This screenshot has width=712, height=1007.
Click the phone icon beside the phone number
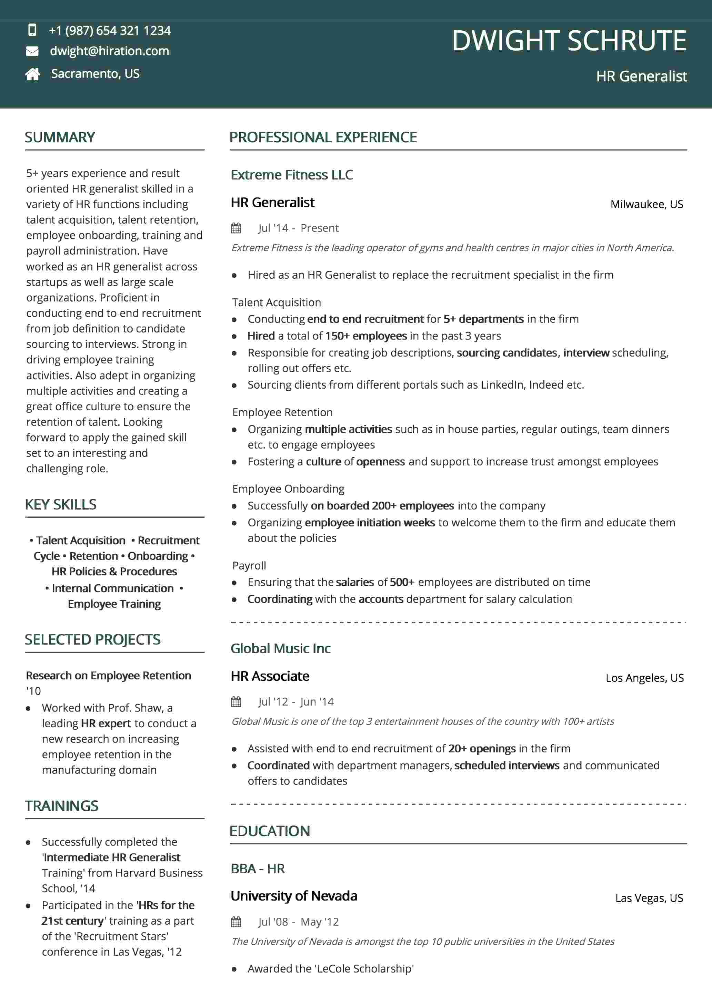coord(32,30)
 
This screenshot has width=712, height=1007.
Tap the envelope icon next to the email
coord(32,51)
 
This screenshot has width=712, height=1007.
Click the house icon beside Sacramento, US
coord(32,74)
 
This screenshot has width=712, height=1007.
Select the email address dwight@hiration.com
coord(109,51)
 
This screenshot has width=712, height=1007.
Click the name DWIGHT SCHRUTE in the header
coord(569,41)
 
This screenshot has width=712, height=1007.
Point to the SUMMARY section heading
coord(60,137)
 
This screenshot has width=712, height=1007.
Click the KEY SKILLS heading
coord(61,504)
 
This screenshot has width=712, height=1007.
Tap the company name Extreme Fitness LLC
coord(291,175)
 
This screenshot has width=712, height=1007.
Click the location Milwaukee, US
coord(646,204)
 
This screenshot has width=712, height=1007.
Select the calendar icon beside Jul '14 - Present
coord(236,228)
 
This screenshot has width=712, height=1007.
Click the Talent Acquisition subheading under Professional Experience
coord(277,302)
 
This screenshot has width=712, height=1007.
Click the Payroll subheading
coord(249,565)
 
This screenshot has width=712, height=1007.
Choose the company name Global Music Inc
coord(281,648)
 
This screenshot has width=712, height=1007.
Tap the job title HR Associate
coord(270,676)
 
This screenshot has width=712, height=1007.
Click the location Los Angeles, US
coord(644,678)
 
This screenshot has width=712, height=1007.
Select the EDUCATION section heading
coord(270,831)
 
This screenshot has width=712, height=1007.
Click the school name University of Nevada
coord(294,896)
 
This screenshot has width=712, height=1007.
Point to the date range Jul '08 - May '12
coord(299,922)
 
